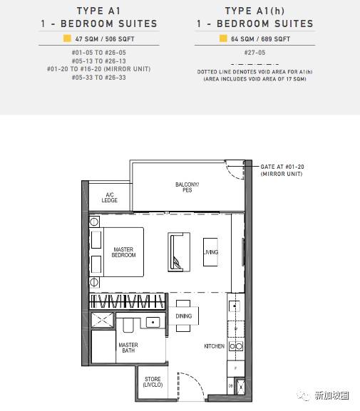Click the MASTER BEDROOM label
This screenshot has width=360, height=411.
coord(123,252)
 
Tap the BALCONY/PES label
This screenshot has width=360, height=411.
coord(187,187)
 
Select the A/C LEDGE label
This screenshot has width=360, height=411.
coord(109,197)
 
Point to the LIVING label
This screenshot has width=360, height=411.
coord(211,252)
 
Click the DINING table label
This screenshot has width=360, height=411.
coord(184,316)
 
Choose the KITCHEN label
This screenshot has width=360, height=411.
coord(215,346)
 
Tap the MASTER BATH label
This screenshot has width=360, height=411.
coord(128,348)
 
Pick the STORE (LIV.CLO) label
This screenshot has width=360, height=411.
coord(153,382)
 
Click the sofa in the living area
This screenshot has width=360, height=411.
coord(179,252)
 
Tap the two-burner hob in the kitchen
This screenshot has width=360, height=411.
coord(236,346)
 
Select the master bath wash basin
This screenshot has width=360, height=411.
coord(153,322)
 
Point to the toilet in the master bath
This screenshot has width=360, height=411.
coord(128,326)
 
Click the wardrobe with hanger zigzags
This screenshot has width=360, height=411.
coord(128,301)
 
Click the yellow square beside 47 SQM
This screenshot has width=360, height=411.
coord(67,38)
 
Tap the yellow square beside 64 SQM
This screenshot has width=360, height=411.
coord(223,38)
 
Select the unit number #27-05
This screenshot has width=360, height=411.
coord(254,53)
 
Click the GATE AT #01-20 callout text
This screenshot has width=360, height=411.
coord(282,170)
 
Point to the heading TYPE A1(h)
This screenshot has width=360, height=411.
coord(254,11)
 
